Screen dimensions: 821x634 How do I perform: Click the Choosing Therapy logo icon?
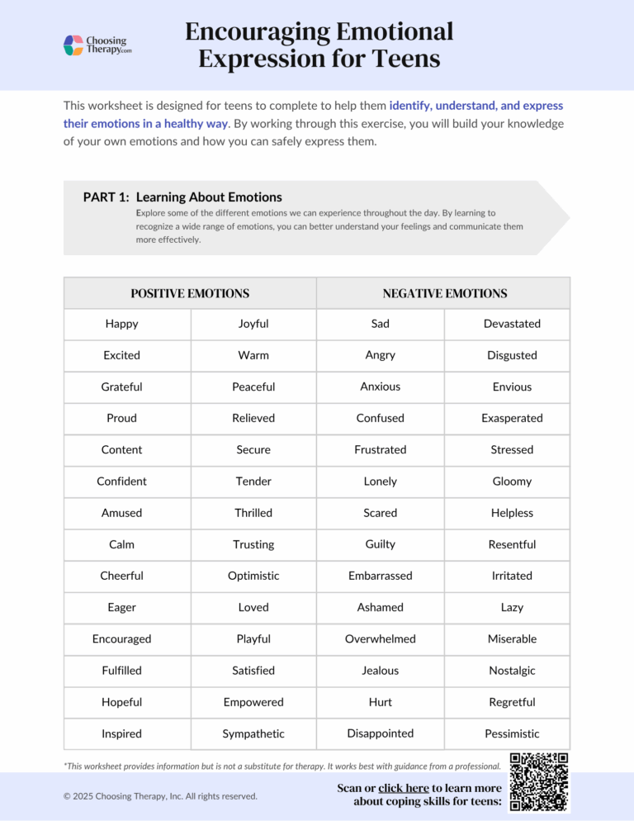click(73, 45)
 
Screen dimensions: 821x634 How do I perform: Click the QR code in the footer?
click(539, 782)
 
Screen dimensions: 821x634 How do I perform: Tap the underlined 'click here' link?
click(403, 788)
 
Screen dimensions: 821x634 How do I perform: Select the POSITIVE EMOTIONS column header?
click(190, 293)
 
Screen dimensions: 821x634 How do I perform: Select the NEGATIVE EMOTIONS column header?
click(444, 293)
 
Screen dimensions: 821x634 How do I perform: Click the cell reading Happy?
click(122, 324)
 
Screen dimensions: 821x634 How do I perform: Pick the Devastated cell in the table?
click(512, 324)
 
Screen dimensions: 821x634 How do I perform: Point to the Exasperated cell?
click(512, 418)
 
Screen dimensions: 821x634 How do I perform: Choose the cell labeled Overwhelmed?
click(381, 638)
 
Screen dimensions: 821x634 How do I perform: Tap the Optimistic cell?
click(253, 576)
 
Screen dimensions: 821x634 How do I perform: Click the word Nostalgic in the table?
click(512, 671)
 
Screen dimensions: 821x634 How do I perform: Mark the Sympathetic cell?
click(253, 733)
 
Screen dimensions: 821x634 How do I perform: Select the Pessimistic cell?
click(512, 733)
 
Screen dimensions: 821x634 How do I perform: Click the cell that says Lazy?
click(512, 607)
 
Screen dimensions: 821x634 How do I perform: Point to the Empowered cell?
click(253, 702)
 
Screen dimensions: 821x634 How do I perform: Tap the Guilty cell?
click(381, 544)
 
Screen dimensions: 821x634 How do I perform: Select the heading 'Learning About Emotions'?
click(209, 197)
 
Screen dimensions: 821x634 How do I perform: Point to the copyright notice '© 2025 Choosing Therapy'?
click(160, 795)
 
